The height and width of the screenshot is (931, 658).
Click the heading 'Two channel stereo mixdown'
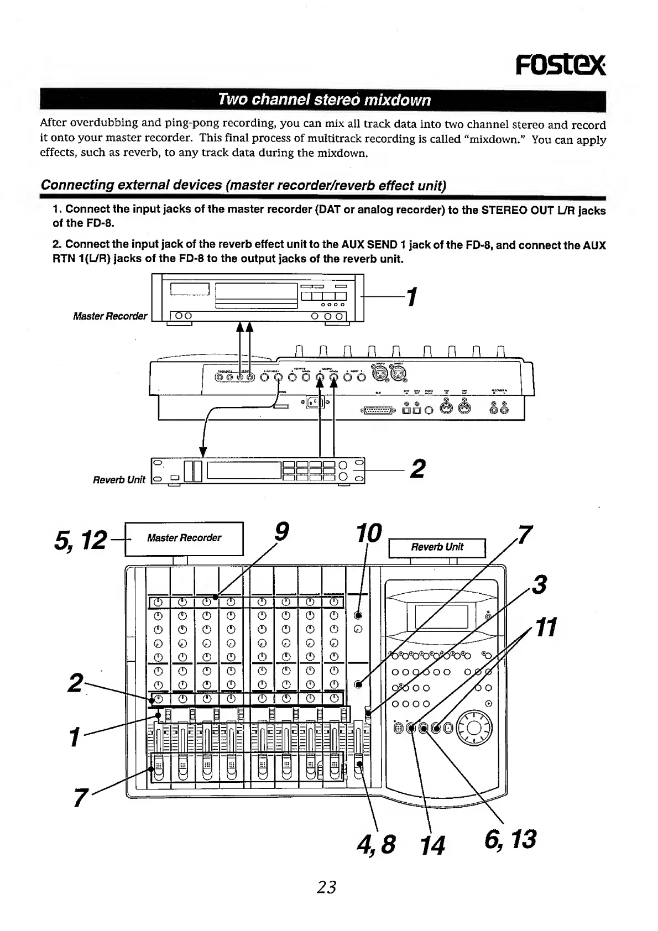(324, 100)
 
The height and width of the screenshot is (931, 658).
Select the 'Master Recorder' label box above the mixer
(184, 538)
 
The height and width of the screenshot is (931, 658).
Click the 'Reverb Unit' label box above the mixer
(437, 547)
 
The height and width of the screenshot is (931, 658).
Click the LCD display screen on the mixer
(437, 616)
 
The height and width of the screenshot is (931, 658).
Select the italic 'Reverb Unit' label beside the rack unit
(119, 479)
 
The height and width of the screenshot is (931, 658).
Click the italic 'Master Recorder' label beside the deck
(110, 316)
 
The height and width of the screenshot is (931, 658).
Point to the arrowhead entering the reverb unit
(203, 453)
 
